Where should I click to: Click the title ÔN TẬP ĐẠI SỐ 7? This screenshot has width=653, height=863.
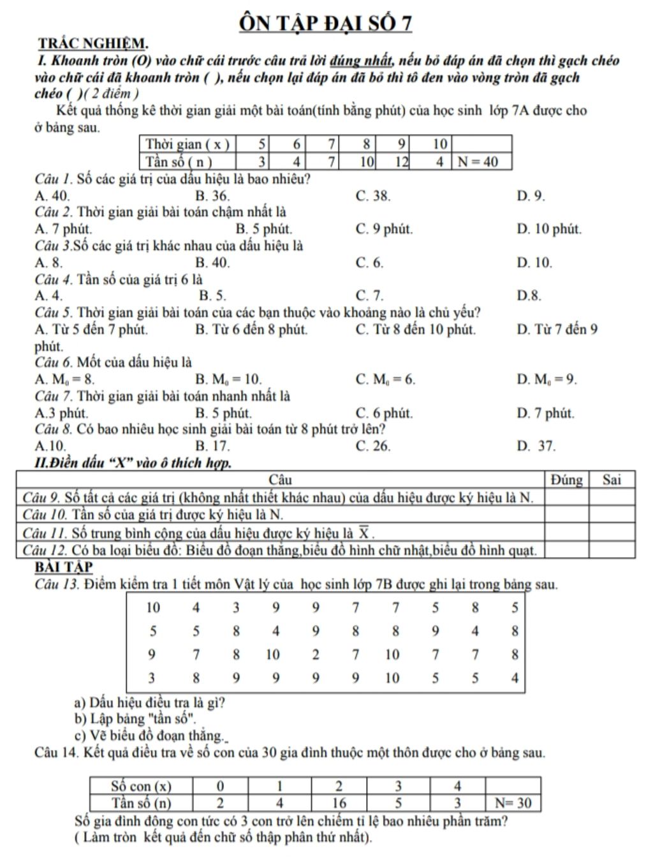click(x=325, y=23)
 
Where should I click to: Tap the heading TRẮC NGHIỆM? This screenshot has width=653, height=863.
click(x=93, y=44)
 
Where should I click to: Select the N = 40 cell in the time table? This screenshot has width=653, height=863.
click(x=481, y=162)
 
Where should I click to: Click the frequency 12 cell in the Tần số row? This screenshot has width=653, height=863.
click(x=400, y=162)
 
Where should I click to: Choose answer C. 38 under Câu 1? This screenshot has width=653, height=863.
click(x=373, y=196)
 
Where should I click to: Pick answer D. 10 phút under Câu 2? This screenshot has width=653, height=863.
click(x=548, y=229)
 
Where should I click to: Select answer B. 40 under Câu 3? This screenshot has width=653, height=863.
click(x=212, y=262)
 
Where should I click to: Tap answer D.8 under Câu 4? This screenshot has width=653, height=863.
click(x=529, y=295)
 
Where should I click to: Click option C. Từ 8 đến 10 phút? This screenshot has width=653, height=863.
click(x=415, y=330)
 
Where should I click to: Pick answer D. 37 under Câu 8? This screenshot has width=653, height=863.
click(x=536, y=446)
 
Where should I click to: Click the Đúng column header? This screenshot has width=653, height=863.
click(x=566, y=480)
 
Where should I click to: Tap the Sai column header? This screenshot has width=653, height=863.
click(x=611, y=480)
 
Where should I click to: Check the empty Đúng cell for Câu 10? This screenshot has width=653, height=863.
click(x=566, y=515)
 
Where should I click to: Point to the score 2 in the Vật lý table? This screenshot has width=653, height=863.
click(x=316, y=654)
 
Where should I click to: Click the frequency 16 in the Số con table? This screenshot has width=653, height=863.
click(x=339, y=802)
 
